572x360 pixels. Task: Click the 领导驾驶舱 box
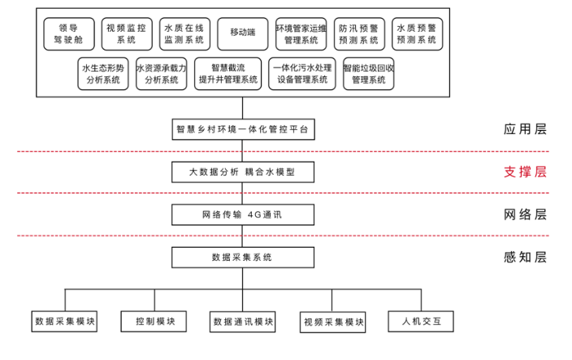(x=69, y=34)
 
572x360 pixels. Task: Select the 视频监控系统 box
(x=127, y=34)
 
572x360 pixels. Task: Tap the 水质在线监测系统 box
(x=184, y=34)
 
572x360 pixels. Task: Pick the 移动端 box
(x=243, y=34)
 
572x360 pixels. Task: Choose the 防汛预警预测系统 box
(x=359, y=34)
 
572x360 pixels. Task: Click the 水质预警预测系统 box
(x=418, y=34)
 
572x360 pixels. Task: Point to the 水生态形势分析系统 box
(x=103, y=74)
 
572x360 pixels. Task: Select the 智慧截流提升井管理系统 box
(x=228, y=74)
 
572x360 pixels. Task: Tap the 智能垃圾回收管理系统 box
(x=368, y=74)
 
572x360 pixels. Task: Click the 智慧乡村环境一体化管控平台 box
(x=243, y=129)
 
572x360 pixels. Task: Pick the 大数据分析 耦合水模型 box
(x=243, y=172)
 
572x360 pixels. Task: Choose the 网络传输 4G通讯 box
(x=243, y=215)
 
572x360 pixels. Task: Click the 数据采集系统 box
(x=243, y=258)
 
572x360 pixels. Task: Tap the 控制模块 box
(x=154, y=321)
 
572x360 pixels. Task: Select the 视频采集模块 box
(x=332, y=322)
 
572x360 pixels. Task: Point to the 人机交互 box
(x=421, y=321)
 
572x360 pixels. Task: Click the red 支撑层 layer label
(x=526, y=171)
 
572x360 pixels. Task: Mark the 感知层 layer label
(x=526, y=257)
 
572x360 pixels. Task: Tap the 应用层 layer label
(x=526, y=129)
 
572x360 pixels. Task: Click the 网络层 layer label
(x=526, y=215)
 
